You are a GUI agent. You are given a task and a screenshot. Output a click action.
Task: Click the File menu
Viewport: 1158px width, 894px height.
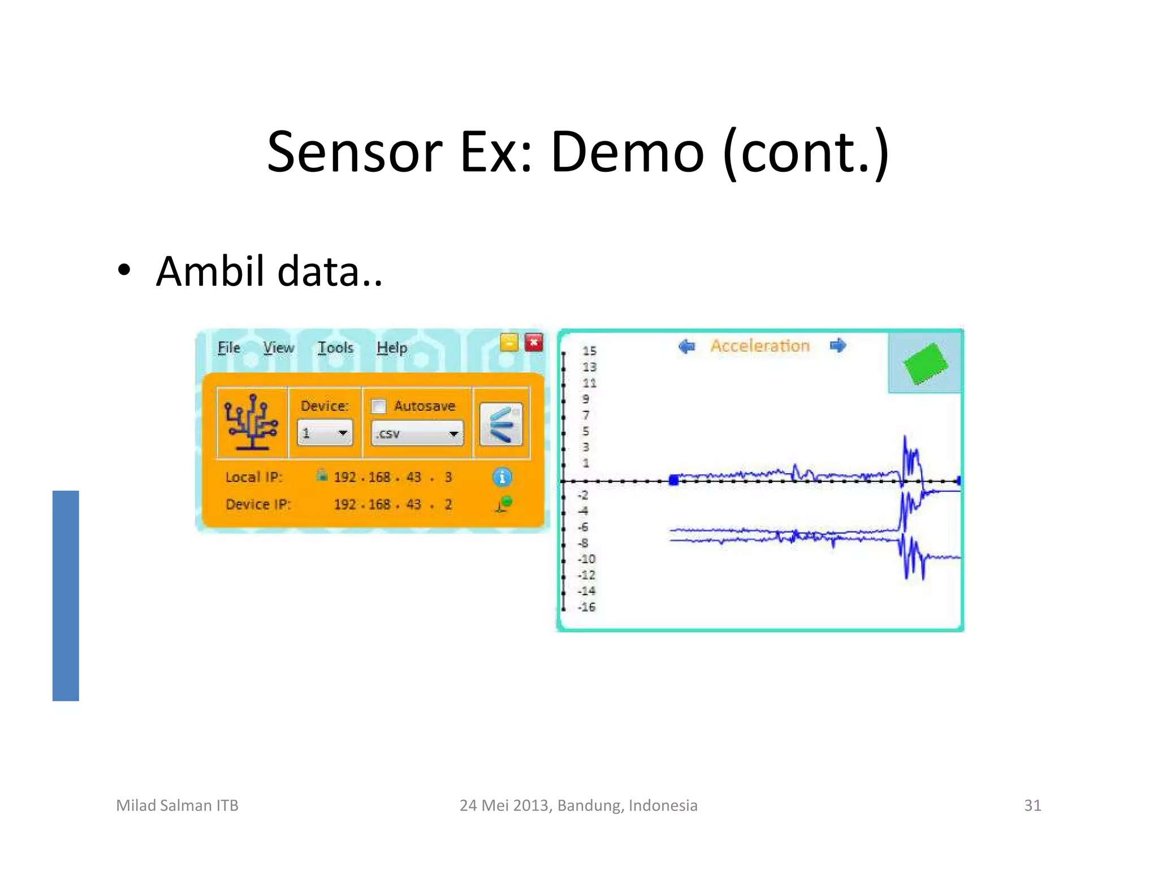point(229,348)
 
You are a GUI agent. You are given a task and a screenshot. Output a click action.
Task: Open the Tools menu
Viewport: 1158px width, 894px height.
point(335,348)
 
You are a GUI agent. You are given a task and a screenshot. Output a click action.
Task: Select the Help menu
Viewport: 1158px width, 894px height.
point(392,348)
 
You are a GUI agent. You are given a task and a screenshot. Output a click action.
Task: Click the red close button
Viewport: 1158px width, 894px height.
point(534,342)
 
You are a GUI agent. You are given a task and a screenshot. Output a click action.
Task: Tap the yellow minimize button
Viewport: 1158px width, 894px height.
point(509,342)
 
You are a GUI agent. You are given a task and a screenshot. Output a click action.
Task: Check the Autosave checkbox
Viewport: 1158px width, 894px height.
point(378,406)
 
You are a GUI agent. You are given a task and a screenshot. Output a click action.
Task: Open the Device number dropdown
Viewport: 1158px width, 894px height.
point(325,433)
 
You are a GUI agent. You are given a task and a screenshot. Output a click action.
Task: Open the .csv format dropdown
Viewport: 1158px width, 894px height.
point(417,433)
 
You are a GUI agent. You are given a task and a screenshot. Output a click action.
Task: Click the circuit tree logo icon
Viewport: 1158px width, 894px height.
point(252,423)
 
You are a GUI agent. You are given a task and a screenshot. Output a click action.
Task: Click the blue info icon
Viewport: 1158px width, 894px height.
point(502,478)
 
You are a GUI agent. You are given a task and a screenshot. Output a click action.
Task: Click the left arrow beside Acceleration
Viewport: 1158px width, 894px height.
point(686,346)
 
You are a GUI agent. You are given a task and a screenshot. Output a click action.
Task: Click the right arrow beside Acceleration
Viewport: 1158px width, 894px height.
point(838,345)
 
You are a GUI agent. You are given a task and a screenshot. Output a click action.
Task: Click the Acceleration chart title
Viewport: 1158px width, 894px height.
point(760,346)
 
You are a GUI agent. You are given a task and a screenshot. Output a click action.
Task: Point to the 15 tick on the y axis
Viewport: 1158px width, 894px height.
point(589,351)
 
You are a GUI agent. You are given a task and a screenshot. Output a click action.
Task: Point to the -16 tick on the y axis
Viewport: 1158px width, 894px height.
point(587,607)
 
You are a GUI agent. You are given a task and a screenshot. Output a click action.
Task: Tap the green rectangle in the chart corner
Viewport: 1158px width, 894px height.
point(925,363)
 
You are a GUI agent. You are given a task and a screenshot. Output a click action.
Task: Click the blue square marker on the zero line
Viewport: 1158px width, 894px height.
point(673,480)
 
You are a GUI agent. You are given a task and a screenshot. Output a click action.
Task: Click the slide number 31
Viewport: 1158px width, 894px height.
point(1032,805)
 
